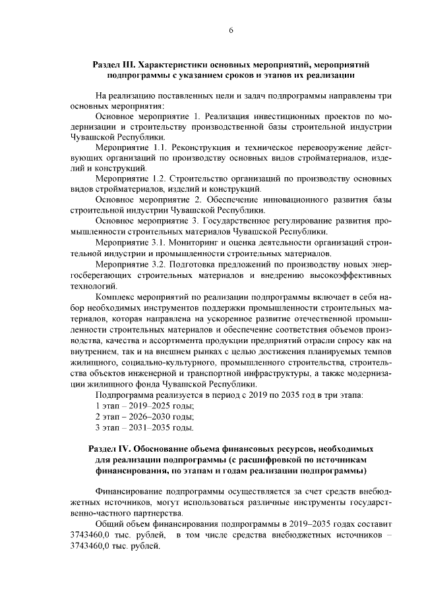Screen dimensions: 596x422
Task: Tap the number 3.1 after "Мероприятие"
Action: point(158,243)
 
